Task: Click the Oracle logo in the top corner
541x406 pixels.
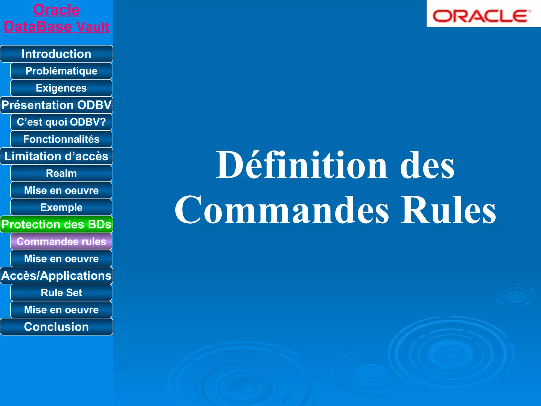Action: [x=481, y=16]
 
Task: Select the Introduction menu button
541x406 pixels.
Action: [x=56, y=54]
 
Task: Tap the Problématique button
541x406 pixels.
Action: [x=61, y=71]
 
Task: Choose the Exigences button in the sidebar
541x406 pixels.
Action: [x=61, y=88]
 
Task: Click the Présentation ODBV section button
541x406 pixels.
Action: [x=56, y=105]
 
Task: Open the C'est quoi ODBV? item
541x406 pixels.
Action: [x=61, y=122]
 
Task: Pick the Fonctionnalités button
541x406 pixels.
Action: [x=61, y=139]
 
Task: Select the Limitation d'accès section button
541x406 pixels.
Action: [x=56, y=156]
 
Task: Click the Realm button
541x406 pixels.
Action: [x=61, y=173]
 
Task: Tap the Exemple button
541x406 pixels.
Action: [x=61, y=207]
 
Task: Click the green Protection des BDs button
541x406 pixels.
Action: [x=56, y=224]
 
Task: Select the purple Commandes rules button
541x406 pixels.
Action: [x=61, y=242]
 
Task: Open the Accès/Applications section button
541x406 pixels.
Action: [x=56, y=276]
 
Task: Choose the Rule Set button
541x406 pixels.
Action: [x=61, y=293]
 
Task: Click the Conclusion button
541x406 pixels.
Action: [x=56, y=327]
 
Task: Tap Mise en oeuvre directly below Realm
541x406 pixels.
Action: [x=61, y=190]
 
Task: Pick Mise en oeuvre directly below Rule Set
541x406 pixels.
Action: [x=61, y=310]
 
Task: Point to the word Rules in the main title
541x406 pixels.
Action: [x=448, y=210]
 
